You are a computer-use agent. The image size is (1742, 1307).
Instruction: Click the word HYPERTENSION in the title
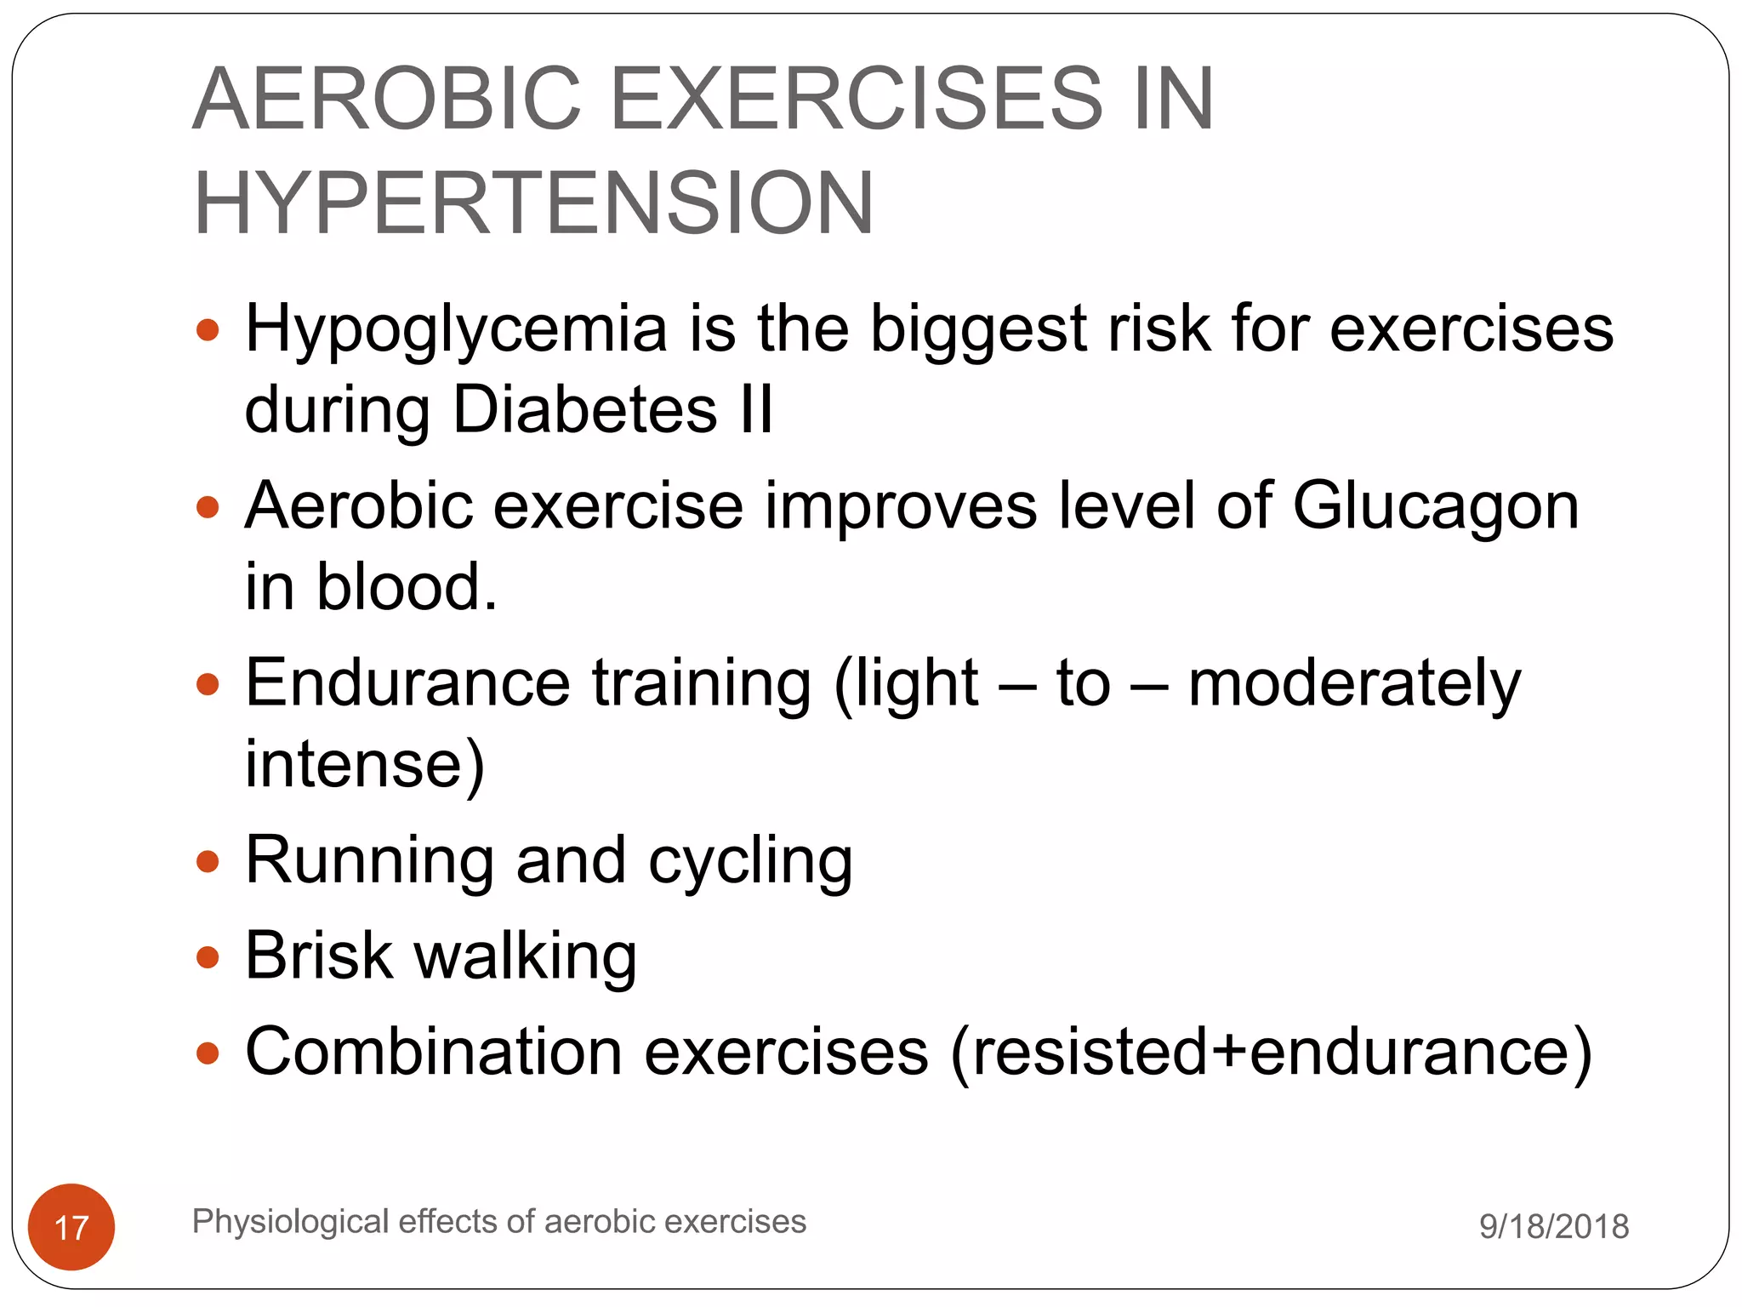point(533,203)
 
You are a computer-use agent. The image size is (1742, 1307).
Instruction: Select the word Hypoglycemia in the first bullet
point(456,330)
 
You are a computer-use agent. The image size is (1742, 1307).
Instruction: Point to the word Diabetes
point(584,409)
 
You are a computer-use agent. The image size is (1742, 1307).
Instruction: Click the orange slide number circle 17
point(71,1226)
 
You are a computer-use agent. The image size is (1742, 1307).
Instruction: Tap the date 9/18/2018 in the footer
point(1553,1226)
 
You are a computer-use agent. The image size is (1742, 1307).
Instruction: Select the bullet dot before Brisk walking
point(208,958)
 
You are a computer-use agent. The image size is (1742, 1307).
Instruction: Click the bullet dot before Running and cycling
point(208,862)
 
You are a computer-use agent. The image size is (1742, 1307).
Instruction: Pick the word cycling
point(750,862)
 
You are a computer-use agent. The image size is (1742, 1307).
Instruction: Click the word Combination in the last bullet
point(434,1052)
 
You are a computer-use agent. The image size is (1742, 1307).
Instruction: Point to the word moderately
point(1354,684)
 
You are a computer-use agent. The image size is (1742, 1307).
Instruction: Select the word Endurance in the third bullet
point(407,682)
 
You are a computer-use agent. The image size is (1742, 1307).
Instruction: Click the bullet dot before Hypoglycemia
point(208,329)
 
